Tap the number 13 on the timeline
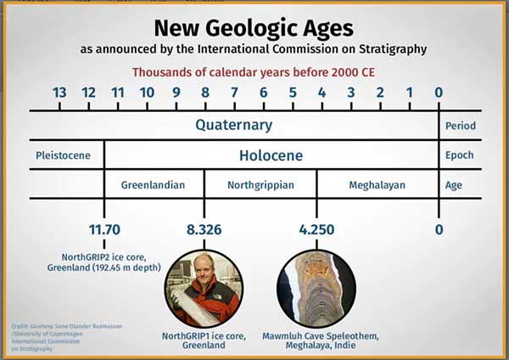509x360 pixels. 59,93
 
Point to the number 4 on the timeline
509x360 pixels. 322,93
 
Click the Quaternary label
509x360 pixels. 234,126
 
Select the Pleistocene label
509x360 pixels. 63,155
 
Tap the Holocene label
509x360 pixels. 271,155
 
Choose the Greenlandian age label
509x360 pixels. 154,184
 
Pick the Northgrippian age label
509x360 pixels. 260,184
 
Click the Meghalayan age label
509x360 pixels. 378,184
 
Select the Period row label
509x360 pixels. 460,126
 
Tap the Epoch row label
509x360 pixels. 459,155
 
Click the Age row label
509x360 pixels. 455,184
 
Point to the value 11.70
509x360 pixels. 104,230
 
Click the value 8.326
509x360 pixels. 204,230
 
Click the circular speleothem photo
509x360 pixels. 313,288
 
